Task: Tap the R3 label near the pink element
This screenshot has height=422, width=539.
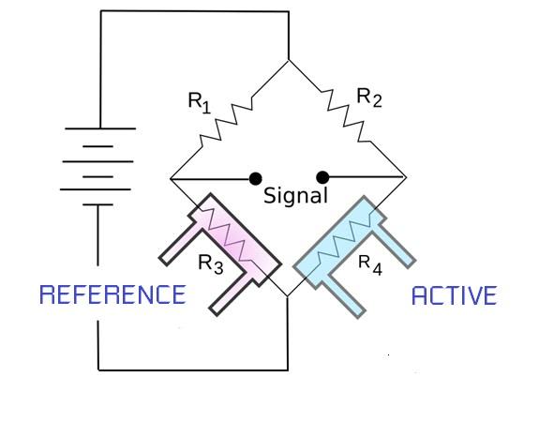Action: (x=210, y=264)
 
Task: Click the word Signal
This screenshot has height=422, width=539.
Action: (x=295, y=196)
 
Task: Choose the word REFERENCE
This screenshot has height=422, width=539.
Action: (x=112, y=295)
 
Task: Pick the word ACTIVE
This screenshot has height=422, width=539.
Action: (x=455, y=295)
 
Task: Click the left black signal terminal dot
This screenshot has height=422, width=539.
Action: (x=255, y=177)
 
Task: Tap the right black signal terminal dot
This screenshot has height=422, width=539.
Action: (x=322, y=177)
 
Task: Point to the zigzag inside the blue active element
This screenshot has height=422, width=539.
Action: (x=347, y=238)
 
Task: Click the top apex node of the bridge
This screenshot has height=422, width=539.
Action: (x=289, y=60)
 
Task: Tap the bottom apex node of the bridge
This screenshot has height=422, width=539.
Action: (x=289, y=296)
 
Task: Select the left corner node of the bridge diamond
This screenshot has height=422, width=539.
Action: (x=171, y=177)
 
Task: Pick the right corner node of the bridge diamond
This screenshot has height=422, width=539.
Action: (x=405, y=177)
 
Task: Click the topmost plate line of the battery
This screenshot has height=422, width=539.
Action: (x=98, y=128)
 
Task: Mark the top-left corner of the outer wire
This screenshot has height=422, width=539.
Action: (x=99, y=11)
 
